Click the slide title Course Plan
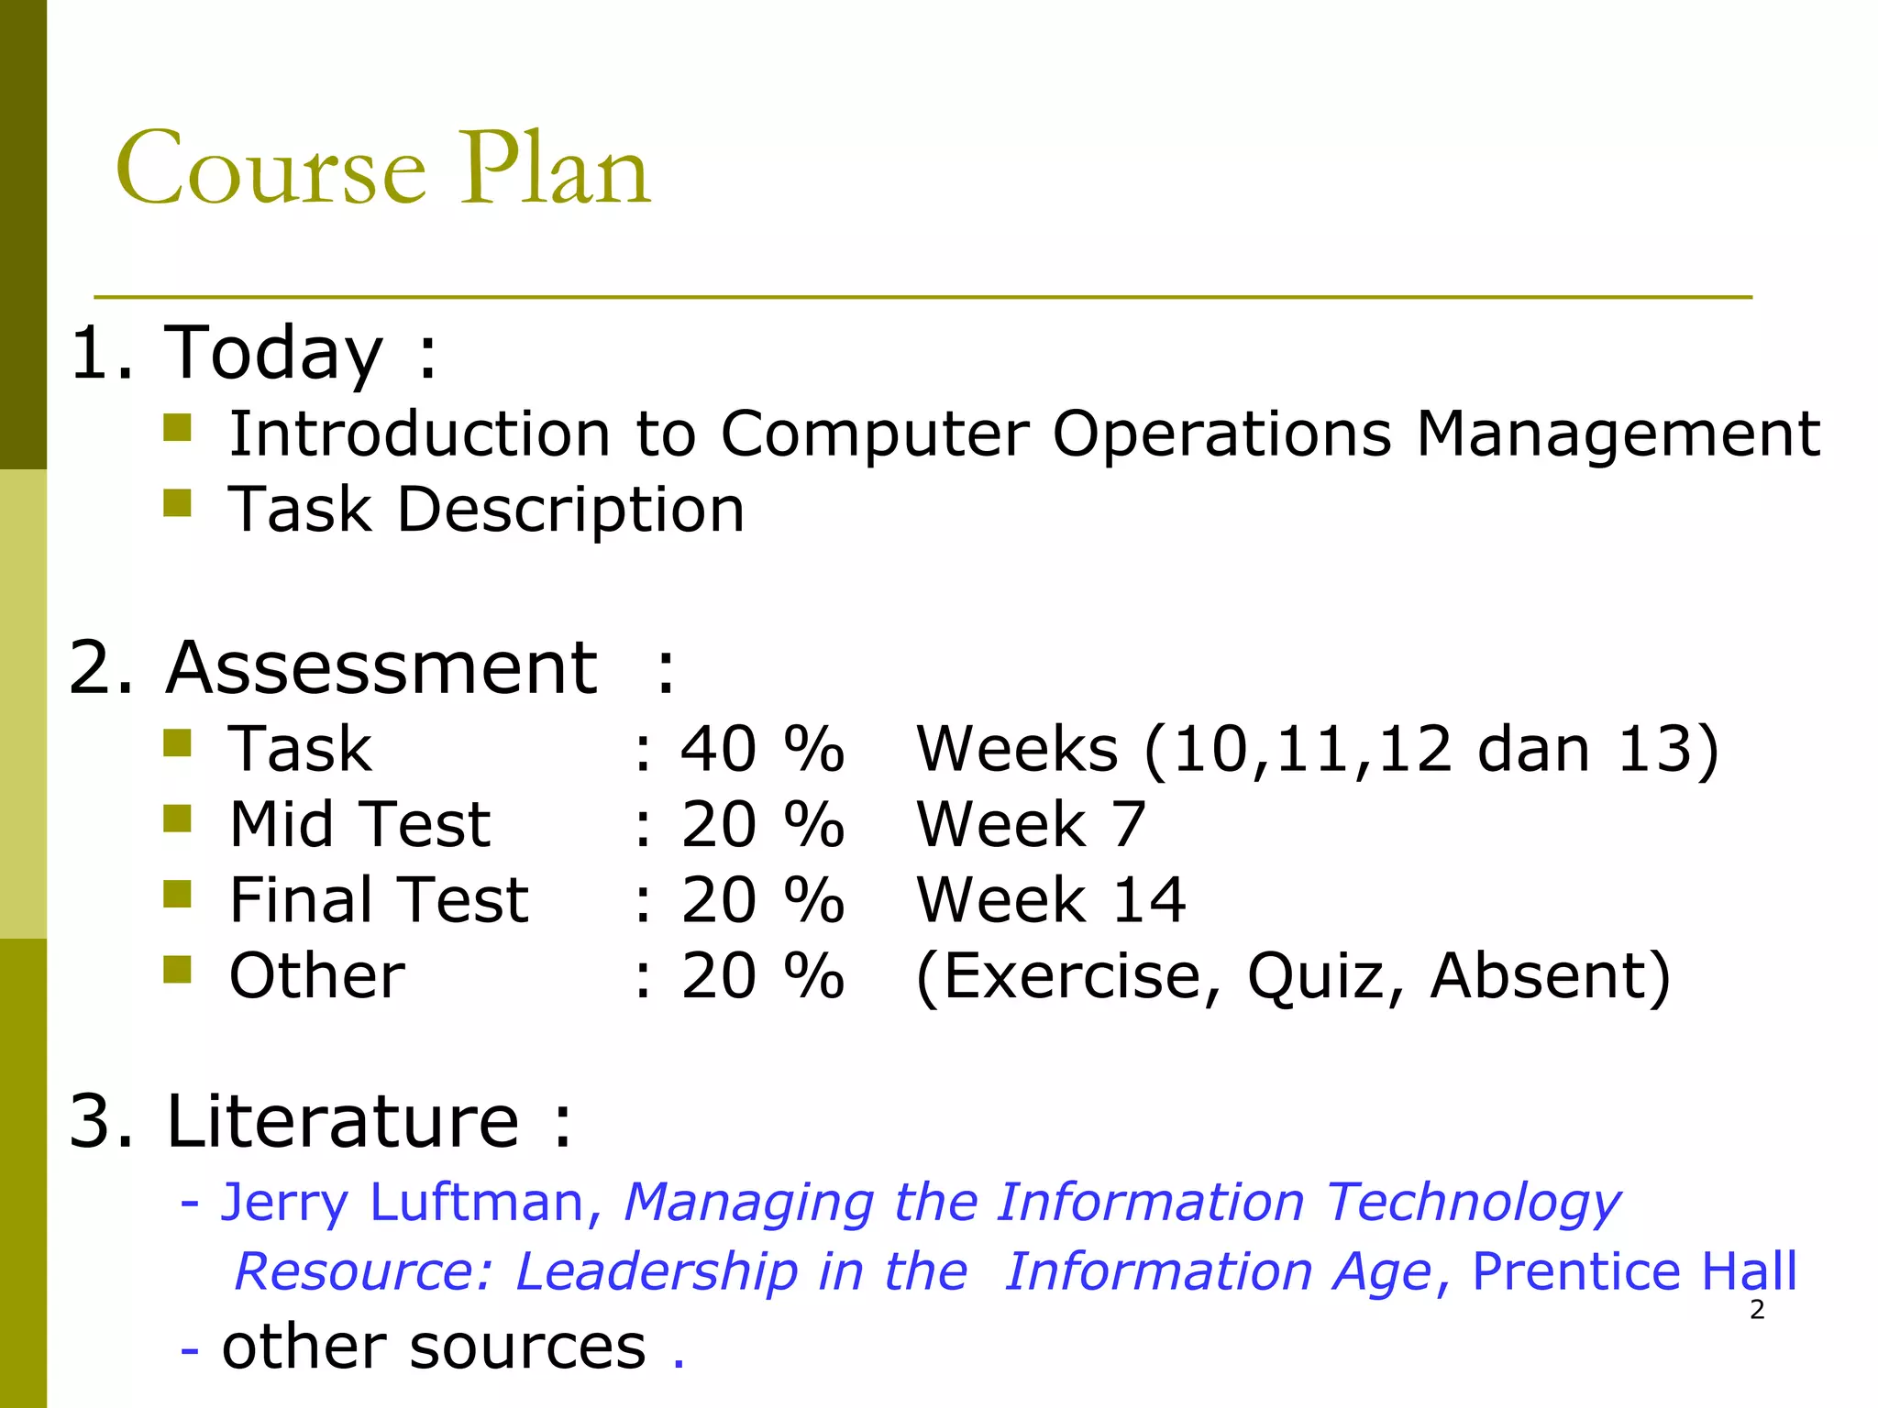coord(382,170)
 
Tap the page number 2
coord(1757,1310)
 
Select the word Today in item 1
coord(272,355)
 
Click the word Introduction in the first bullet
coord(419,434)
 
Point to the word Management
coord(1618,434)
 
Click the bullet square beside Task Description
coord(177,502)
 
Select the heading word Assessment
coord(382,668)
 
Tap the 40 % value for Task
coord(761,749)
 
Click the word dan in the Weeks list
coord(1533,749)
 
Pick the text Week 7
coord(1031,824)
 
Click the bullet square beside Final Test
coord(177,893)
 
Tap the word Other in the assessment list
coord(316,975)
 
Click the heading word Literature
coord(342,1121)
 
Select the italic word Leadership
coord(657,1271)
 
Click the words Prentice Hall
coord(1634,1271)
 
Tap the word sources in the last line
coord(527,1347)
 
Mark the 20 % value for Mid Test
coord(761,824)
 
